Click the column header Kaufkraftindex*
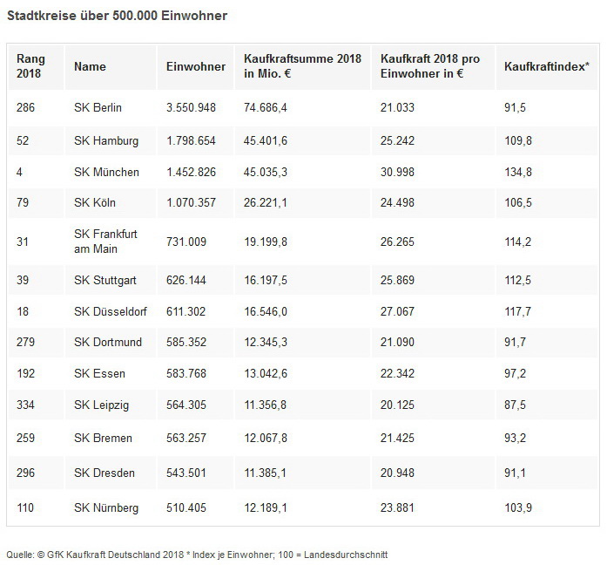coord(546,66)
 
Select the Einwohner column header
coord(196,66)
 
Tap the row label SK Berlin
coord(98,108)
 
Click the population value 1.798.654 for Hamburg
coord(195,140)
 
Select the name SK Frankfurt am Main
coord(105,241)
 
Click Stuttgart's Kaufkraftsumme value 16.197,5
coord(266,280)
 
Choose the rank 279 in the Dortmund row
coord(26,342)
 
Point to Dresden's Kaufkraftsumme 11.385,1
coord(266,473)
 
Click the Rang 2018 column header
coord(30,66)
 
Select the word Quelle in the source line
coord(20,554)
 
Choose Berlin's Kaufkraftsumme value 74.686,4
coord(266,108)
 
